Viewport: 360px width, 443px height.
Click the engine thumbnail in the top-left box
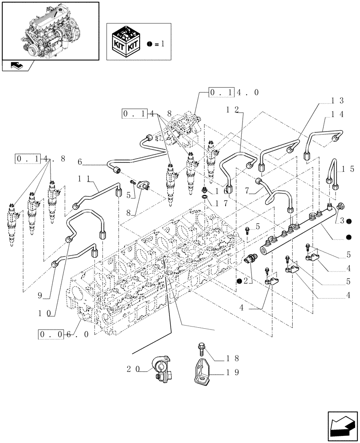[x=50, y=30]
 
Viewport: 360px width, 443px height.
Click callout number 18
[x=233, y=358]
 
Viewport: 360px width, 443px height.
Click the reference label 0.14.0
[x=234, y=93]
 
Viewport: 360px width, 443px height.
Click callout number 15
[x=348, y=169]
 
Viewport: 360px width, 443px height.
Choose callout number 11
[x=87, y=178]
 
